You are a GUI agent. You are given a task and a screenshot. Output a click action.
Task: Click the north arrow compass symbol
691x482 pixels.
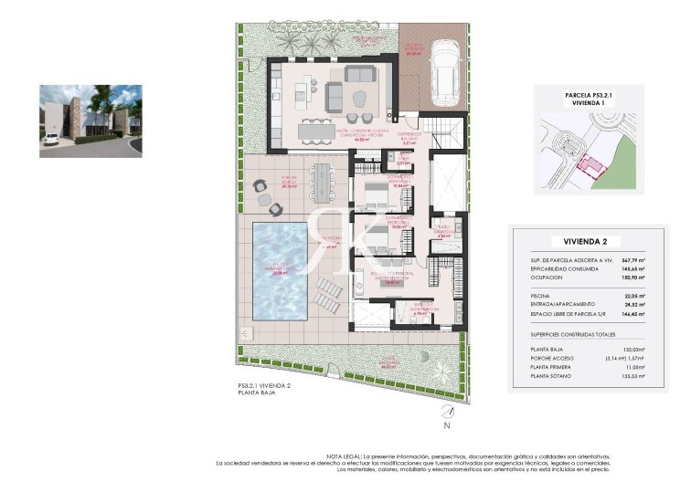[x=446, y=414]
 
